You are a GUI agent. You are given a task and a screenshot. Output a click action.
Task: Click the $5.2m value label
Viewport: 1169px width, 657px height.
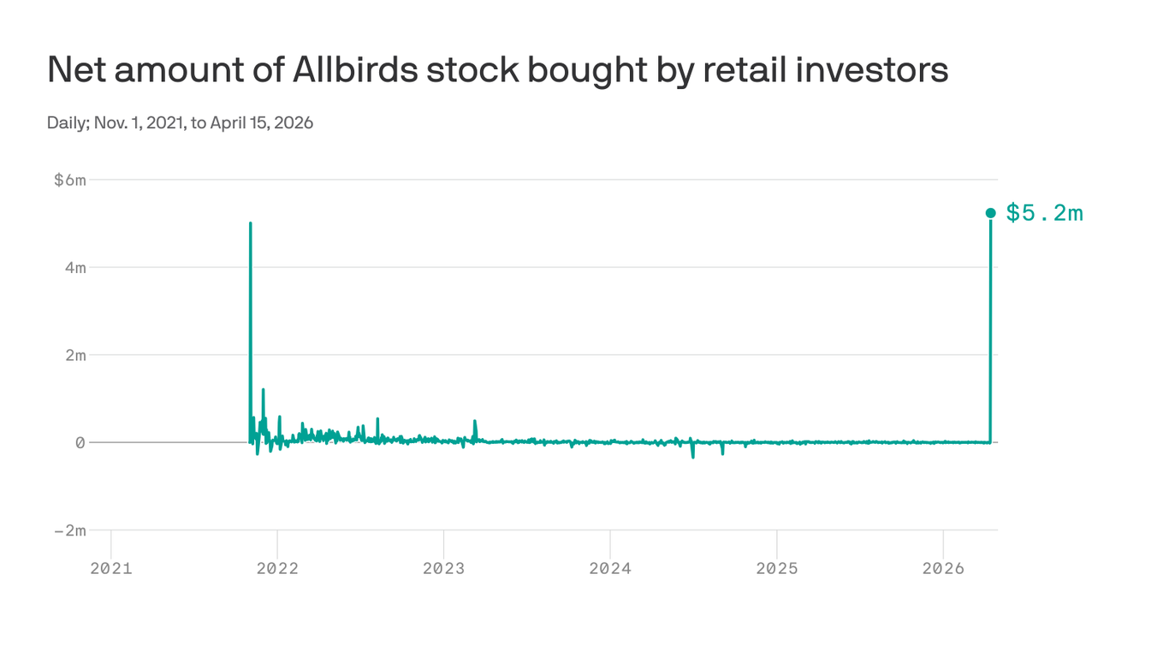tap(1044, 213)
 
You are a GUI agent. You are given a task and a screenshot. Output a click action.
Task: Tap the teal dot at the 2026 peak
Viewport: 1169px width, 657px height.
tap(990, 213)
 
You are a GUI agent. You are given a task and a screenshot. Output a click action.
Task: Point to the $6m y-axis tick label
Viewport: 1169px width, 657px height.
tap(69, 180)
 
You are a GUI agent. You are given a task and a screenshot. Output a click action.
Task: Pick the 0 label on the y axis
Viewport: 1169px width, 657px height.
tap(80, 442)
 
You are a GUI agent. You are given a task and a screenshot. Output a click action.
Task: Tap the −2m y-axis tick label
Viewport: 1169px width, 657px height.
tap(69, 530)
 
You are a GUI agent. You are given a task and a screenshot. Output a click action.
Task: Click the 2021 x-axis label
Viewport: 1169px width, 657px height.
tap(111, 568)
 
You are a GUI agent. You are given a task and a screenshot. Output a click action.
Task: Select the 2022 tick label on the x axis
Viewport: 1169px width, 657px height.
tap(277, 568)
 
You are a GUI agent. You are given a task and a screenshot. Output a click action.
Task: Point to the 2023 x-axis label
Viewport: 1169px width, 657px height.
tap(443, 568)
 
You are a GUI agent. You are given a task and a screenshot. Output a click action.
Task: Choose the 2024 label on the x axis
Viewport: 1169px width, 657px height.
tap(610, 568)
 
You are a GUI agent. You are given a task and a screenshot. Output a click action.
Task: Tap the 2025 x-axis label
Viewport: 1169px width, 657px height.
tap(776, 568)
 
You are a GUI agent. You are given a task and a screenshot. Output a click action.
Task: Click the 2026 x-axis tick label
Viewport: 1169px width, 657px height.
tap(942, 568)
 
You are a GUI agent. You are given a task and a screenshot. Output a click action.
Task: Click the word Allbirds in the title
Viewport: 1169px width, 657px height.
tap(355, 70)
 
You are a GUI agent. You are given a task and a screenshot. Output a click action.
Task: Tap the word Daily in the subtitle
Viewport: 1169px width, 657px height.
tap(65, 123)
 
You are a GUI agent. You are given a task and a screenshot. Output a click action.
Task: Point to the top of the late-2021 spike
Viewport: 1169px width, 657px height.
tap(250, 223)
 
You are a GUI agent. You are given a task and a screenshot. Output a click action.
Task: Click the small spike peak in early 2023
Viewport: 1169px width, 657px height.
tap(475, 421)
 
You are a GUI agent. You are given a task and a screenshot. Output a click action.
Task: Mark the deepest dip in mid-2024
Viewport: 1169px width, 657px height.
tap(692, 458)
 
